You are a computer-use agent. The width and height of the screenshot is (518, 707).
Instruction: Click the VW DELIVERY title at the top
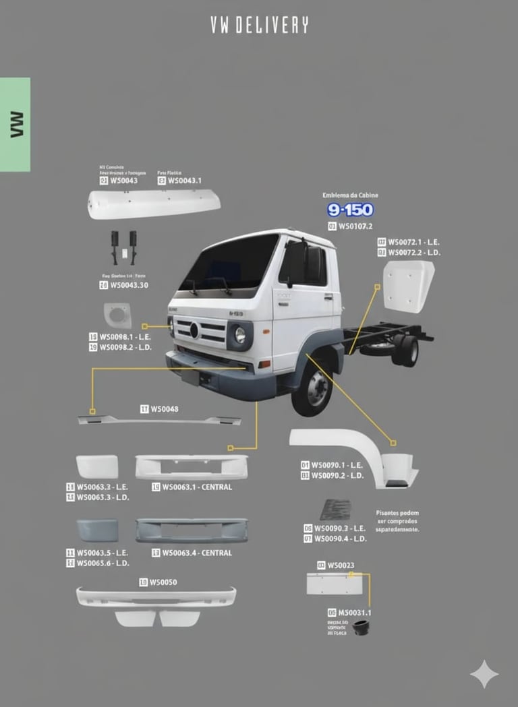click(259, 26)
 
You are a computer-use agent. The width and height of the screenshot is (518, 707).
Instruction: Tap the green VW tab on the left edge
click(15, 124)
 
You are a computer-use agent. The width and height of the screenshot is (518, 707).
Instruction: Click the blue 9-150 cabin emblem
click(350, 210)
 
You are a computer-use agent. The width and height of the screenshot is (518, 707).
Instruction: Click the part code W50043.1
click(184, 181)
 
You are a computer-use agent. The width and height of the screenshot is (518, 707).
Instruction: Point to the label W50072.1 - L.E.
click(413, 241)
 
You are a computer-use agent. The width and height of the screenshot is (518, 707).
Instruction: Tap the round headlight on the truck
click(239, 334)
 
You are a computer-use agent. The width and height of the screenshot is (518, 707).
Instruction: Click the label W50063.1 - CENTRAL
click(196, 487)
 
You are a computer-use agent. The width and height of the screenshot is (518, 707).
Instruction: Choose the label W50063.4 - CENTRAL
click(196, 553)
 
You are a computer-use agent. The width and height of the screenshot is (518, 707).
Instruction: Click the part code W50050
click(163, 582)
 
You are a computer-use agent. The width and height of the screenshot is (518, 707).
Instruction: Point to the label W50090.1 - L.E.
click(338, 465)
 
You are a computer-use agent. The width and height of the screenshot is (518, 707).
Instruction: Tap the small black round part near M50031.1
click(361, 627)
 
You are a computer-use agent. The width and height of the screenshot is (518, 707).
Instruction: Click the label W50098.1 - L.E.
click(125, 336)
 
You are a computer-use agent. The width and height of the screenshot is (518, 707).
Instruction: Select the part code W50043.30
click(128, 285)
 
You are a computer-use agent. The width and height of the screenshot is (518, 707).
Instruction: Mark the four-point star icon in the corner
click(484, 674)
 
